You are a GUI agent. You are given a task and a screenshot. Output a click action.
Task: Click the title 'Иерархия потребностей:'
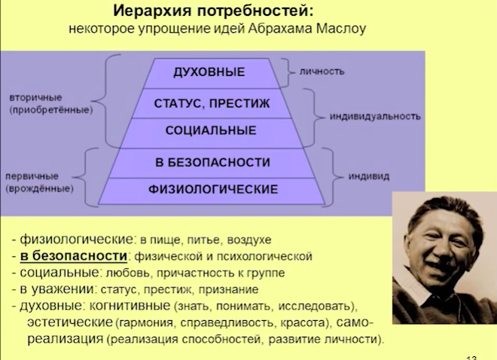(x=213, y=11)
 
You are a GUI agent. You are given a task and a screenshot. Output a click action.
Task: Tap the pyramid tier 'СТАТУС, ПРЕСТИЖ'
(x=212, y=104)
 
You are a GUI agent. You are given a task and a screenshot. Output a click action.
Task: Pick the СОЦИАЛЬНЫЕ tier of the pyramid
(x=212, y=133)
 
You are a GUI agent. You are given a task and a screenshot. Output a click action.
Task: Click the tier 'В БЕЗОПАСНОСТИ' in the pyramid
(x=212, y=163)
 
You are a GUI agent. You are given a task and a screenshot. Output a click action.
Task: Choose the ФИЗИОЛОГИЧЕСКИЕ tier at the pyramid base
(x=212, y=191)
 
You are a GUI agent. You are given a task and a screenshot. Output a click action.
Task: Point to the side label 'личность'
(x=322, y=72)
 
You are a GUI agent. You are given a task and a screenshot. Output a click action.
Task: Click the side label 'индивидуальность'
(x=375, y=117)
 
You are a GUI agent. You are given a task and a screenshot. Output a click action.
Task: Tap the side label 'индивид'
(x=369, y=176)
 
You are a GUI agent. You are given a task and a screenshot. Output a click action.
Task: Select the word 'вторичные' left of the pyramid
(x=36, y=98)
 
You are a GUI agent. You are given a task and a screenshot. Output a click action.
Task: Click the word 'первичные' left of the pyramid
(x=32, y=176)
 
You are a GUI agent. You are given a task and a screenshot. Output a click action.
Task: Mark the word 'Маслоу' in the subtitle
(x=341, y=29)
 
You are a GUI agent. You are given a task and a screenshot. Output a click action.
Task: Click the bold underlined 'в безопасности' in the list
(x=74, y=256)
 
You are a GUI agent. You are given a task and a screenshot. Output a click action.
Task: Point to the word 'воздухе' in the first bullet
(x=249, y=240)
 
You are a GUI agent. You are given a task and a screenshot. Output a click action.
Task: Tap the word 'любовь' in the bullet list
(x=127, y=273)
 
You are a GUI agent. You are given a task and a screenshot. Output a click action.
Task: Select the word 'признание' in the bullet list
(x=228, y=290)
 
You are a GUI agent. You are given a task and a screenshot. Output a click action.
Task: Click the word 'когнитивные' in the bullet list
(x=130, y=306)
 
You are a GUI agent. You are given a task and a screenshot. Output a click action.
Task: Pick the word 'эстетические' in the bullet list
(x=70, y=322)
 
